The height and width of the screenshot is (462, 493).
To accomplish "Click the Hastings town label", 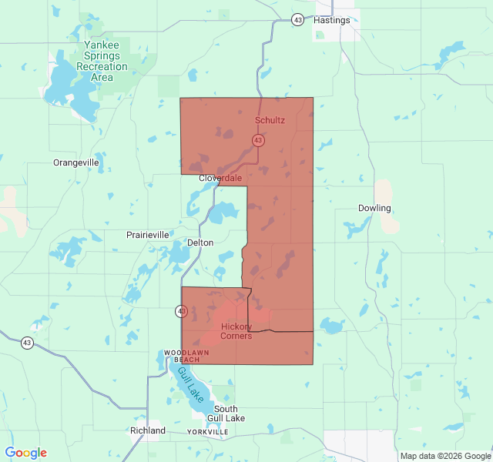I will coord(332,20).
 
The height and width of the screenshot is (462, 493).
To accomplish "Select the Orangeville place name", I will coord(75,162).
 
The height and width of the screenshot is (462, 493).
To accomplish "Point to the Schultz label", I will coord(270,121).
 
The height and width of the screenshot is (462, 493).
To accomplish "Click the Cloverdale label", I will coord(220,178).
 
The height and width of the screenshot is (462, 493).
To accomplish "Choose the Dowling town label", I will coord(374,208).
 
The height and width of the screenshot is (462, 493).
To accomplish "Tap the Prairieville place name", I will coord(147,234).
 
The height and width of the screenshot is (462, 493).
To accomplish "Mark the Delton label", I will coord(200,242).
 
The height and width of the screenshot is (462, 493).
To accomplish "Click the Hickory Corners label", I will coord(236,331).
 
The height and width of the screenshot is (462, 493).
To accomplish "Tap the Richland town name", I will coord(148,430).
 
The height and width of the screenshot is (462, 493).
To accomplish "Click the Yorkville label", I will coord(207,433).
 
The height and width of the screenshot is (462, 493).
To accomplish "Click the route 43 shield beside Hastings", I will coord(297,20).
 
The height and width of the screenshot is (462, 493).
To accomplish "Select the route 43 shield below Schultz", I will coord(258,140).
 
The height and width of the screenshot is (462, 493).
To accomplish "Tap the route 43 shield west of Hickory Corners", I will coord(181,311).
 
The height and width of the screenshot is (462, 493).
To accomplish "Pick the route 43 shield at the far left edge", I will coord(27,343).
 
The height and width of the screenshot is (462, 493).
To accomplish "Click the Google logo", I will coord(25,453).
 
